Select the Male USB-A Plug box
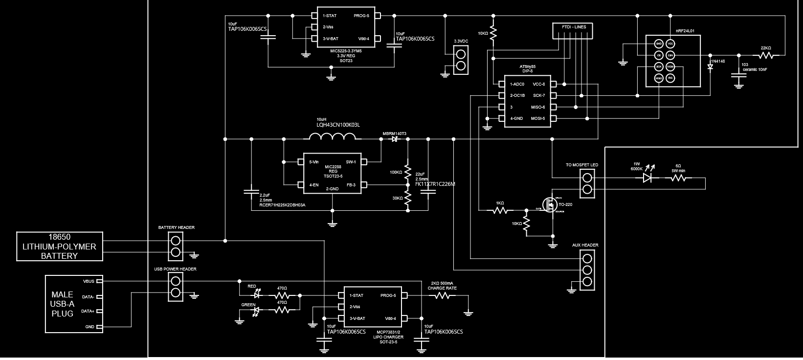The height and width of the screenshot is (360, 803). click(x=74, y=304)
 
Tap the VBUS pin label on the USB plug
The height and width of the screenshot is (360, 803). click(x=89, y=281)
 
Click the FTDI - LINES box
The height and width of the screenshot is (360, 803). click(x=573, y=31)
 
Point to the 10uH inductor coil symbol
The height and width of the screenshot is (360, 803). click(x=335, y=139)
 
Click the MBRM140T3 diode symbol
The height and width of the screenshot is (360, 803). click(x=394, y=139)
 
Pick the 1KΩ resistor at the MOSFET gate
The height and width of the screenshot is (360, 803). click(x=500, y=211)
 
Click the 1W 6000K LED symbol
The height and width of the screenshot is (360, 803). click(x=648, y=179)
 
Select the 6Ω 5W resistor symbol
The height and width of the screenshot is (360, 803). click(x=678, y=179)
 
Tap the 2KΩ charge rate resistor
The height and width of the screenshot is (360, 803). click(x=443, y=295)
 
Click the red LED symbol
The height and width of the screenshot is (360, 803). click(x=256, y=295)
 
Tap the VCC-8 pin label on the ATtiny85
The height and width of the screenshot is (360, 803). click(x=538, y=84)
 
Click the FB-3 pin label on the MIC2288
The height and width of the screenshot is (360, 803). click(x=351, y=184)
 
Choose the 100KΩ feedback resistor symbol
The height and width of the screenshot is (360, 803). click(x=408, y=171)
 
